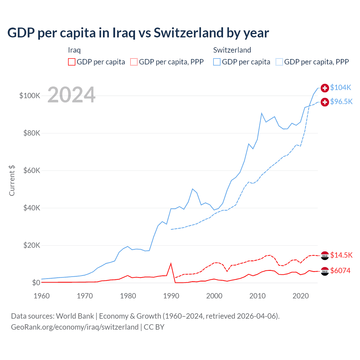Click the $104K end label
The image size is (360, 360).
pos(341,87)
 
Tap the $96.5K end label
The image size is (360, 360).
pos(341,102)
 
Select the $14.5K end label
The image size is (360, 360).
pos(341,255)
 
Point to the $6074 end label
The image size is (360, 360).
pos(340,271)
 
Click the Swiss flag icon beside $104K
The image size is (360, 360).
pos(325,88)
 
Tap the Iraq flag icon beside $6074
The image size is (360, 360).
pos(325,271)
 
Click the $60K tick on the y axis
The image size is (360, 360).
pos(32,170)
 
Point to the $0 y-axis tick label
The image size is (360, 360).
pos(36,283)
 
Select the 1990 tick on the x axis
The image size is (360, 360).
pos(171,296)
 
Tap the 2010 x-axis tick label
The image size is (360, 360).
pos(257,296)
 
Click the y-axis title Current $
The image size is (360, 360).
pos(12,181)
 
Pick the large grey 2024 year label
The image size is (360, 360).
pos(71,95)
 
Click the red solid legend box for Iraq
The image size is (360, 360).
pos(72,62)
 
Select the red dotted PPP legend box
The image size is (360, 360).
pos(134,62)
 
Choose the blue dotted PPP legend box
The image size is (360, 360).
pos(279,62)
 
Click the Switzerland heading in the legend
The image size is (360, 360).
pos(232,50)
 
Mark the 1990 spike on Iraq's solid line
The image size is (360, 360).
pos(171,264)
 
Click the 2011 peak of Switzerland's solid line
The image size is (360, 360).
pos(262,113)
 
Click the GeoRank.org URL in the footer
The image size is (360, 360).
pos(75,327)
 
